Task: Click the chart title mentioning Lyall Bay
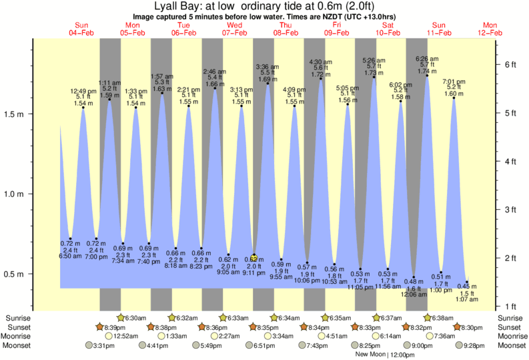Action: coord(264,6)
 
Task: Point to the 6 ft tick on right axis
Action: coord(511,64)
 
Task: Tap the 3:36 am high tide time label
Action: coord(268,66)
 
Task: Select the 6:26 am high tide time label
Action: coord(427,58)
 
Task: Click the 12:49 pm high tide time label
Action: coord(83,91)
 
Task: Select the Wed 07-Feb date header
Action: coord(235,29)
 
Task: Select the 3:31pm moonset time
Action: coord(100,345)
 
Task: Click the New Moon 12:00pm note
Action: coord(380,355)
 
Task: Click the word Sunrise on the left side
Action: coord(17,318)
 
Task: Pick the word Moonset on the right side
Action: coord(511,345)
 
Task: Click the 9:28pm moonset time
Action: coord(474,345)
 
